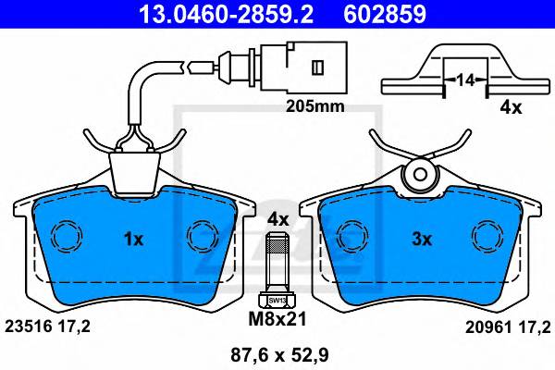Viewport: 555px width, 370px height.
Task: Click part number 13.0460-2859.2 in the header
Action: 226,14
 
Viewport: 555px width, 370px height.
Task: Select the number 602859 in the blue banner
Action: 385,14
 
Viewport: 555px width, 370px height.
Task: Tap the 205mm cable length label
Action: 315,105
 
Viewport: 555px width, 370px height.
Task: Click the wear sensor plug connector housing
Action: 303,67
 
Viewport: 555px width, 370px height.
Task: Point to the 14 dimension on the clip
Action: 465,80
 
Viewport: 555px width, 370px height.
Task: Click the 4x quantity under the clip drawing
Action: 511,107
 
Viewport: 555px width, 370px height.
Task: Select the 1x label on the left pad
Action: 133,240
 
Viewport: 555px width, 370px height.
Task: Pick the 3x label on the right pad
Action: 422,240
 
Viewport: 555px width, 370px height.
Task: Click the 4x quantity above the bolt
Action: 277,219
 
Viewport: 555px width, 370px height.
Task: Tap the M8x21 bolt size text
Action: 277,319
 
